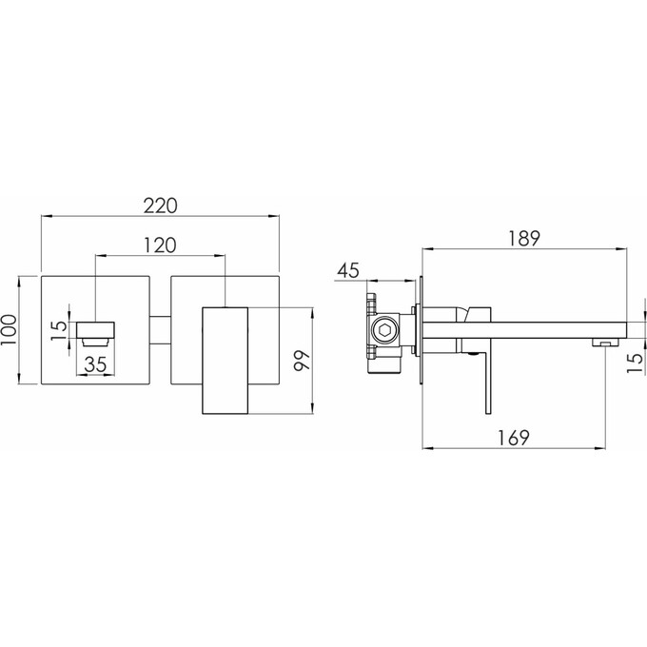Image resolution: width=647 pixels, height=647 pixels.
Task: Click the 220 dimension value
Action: coord(160,206)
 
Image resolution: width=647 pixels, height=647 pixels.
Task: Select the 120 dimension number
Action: coord(160,245)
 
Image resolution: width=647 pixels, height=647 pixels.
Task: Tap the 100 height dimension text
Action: coord(9,330)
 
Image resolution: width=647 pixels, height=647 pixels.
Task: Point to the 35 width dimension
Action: coord(95,364)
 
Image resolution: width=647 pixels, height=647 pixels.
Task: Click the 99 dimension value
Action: coord(302,361)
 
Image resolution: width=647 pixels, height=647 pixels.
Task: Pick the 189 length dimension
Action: coord(523,239)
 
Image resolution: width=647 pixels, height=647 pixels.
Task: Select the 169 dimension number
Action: coord(513,438)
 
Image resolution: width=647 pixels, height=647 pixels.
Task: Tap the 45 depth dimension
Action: coord(348,270)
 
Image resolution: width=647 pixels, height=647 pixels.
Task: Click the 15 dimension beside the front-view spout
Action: coord(59,330)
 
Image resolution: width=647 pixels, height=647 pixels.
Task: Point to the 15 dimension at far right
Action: coord(636,363)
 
